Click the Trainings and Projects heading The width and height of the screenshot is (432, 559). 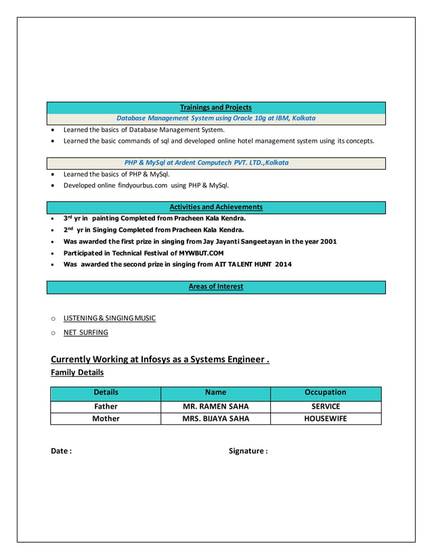tap(215, 108)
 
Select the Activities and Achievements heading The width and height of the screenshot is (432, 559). tap(215, 207)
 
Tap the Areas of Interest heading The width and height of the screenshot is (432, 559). tap(215, 287)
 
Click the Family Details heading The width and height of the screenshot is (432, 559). tap(77, 373)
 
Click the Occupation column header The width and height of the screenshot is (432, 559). tap(325, 393)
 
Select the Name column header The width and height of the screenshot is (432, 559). tap(215, 393)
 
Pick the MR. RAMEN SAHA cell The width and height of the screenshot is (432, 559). tap(215, 407)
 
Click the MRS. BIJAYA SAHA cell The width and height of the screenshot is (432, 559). tap(215, 419)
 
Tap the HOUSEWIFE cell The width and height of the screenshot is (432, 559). tap(325, 419)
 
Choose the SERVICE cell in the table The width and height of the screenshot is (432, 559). tap(325, 407)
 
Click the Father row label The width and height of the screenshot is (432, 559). tap(105, 407)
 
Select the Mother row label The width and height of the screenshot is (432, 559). tap(105, 419)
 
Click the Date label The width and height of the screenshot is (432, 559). tap(62, 451)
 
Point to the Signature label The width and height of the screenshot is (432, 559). tap(248, 451)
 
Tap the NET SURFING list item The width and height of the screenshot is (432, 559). tap(85, 333)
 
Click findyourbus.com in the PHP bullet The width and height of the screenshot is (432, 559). tap(142, 185)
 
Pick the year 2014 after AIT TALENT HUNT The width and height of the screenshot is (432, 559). tap(283, 265)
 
